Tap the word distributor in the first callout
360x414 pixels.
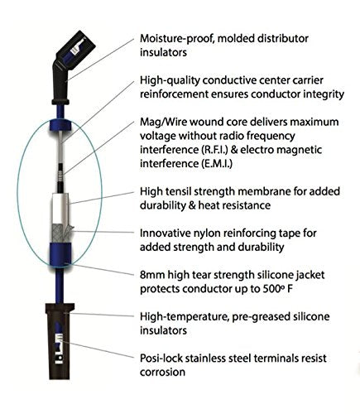pyautogui.click(x=282, y=38)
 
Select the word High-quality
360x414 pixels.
pyautogui.click(x=170, y=80)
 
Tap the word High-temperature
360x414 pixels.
pyautogui.click(x=185, y=317)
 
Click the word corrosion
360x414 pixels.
pyautogui.click(x=162, y=373)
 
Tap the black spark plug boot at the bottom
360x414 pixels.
pyautogui.click(x=60, y=341)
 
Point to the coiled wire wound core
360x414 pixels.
pyautogui.click(x=61, y=176)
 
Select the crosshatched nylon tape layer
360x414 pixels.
pyautogui.click(x=61, y=233)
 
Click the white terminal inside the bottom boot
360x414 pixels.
pyautogui.click(x=60, y=349)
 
